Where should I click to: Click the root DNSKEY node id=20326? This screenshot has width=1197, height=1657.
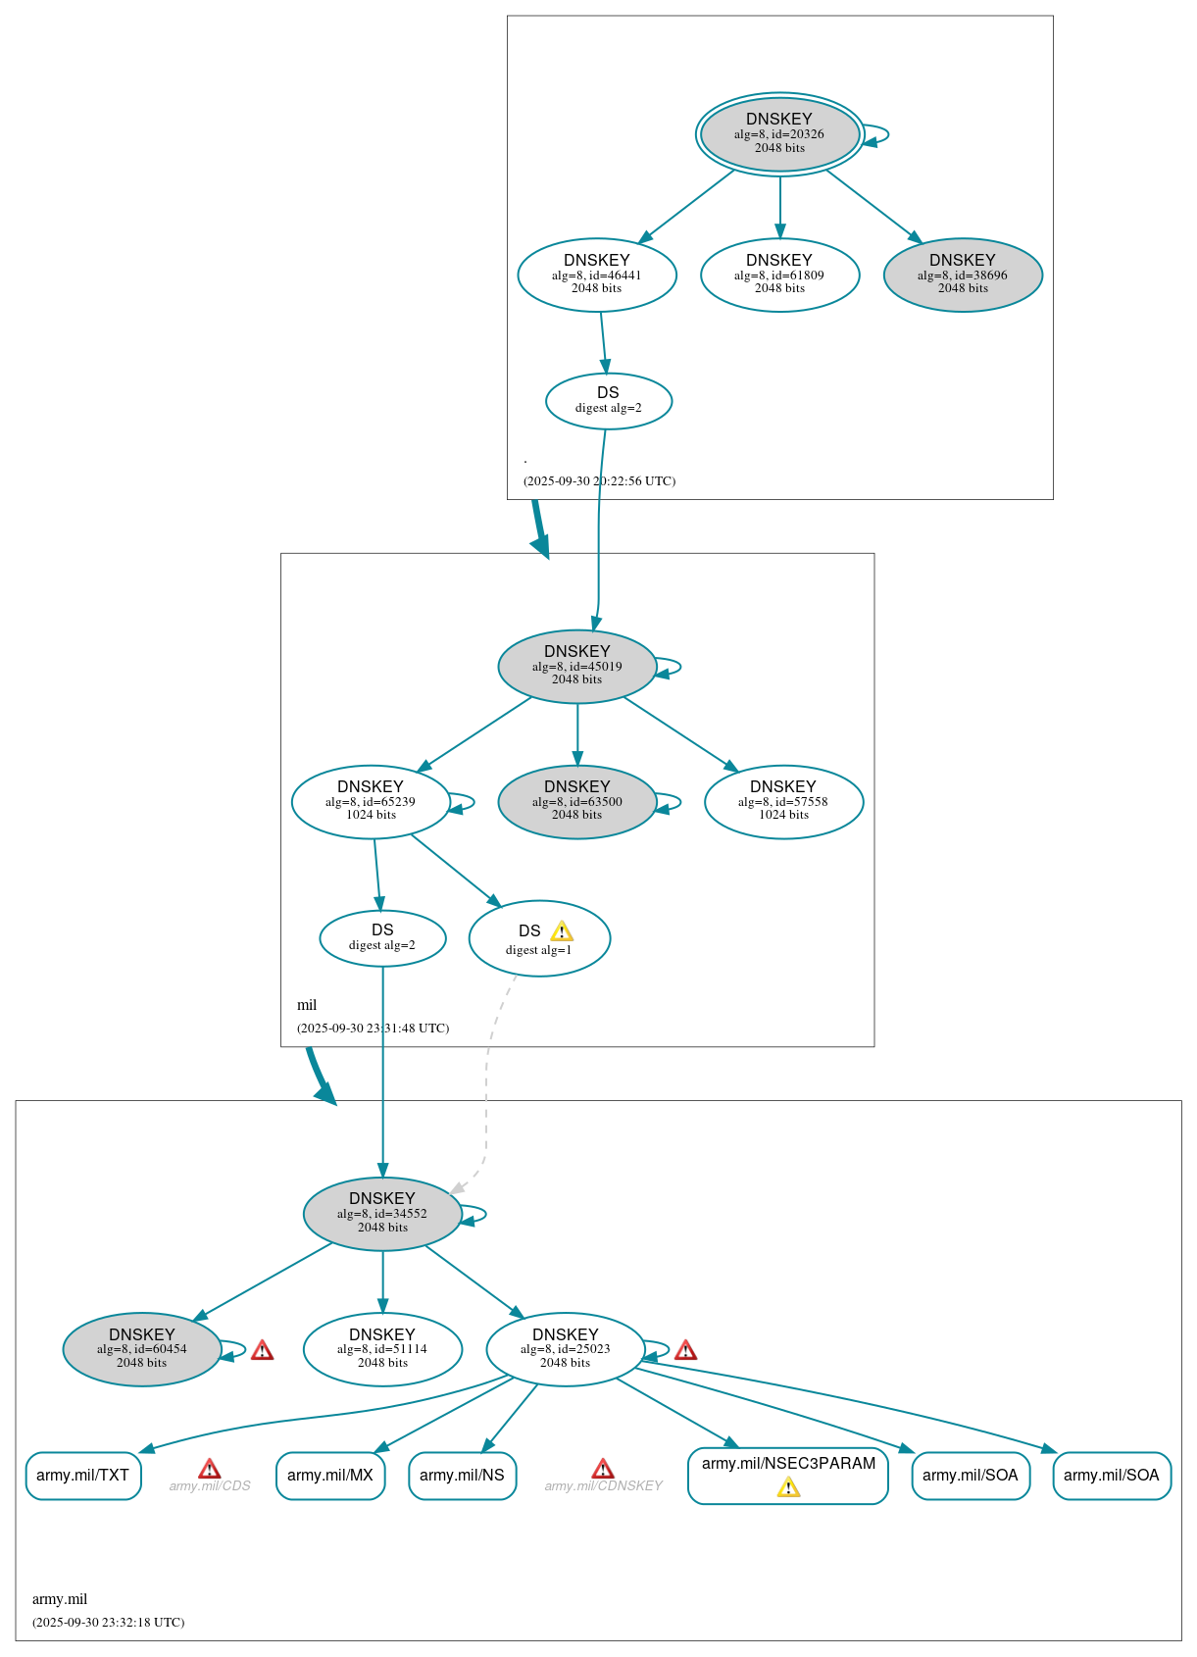tap(779, 134)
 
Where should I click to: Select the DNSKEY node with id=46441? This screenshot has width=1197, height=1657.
tap(596, 275)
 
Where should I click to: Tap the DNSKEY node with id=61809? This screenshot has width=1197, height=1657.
tap(779, 275)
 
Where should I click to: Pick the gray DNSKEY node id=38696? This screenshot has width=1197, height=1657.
tap(962, 275)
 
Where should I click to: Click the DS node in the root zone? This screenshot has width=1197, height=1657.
tap(608, 400)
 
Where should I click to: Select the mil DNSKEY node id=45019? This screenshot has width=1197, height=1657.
tap(576, 666)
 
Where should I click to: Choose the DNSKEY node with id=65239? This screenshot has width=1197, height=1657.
tap(371, 801)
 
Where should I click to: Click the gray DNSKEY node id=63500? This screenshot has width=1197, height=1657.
tap(576, 801)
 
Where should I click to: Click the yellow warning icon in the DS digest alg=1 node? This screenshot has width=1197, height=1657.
tap(561, 931)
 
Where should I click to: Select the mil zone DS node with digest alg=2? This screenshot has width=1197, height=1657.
tap(382, 937)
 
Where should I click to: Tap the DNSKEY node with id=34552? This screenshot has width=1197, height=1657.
tap(382, 1213)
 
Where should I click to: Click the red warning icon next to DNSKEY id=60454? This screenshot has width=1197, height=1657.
tap(262, 1350)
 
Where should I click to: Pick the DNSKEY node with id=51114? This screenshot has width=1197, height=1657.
tap(382, 1349)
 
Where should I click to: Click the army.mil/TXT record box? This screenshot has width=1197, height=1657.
tap(83, 1475)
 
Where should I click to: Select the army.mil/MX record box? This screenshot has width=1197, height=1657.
tap(330, 1475)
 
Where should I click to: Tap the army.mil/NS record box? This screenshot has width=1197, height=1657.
tap(462, 1475)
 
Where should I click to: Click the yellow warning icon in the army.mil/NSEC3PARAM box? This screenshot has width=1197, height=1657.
tap(788, 1487)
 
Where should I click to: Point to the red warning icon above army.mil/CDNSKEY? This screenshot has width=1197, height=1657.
tap(603, 1468)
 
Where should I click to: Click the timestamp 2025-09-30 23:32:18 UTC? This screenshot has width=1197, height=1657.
tap(108, 1622)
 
